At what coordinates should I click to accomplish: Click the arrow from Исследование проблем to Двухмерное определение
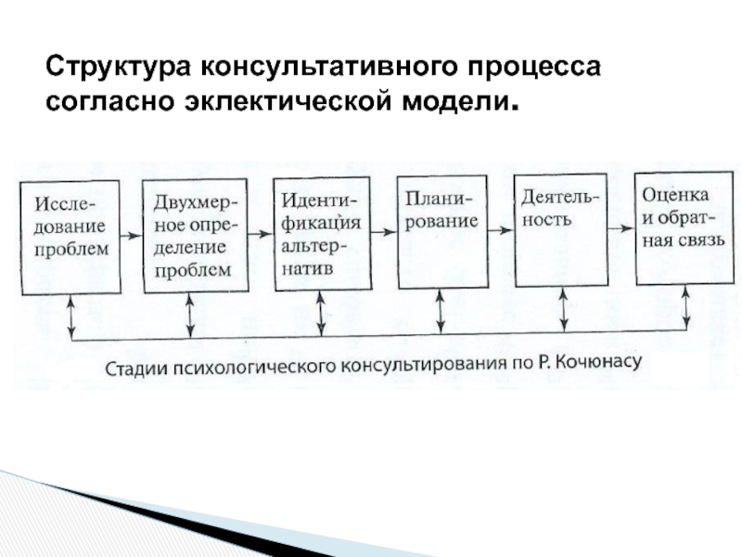[x=132, y=236]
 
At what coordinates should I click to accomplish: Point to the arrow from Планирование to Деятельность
[x=501, y=230]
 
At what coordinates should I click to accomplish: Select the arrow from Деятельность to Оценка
[x=621, y=228]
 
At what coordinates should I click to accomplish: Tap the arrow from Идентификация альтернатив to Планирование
[x=384, y=232]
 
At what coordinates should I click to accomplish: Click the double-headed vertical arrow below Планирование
[x=441, y=312]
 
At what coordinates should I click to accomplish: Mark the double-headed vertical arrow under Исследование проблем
[x=71, y=317]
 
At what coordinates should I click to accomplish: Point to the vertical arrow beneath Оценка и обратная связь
[x=686, y=307]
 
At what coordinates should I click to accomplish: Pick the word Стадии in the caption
[x=135, y=369]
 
